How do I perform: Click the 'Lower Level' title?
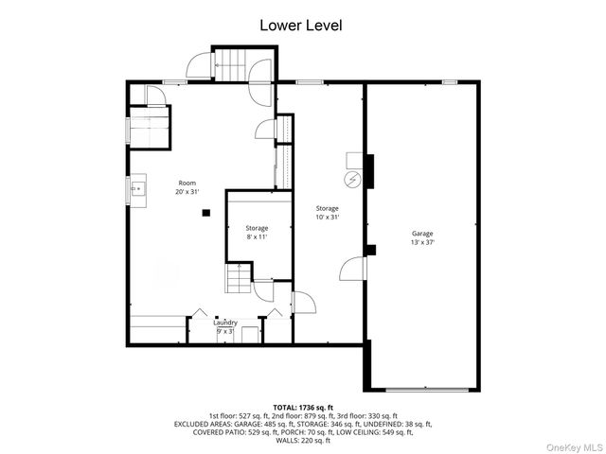tap(301, 26)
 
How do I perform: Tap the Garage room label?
tap(422, 237)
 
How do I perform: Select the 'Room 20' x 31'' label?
tap(187, 186)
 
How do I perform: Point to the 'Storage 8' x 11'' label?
tap(257, 232)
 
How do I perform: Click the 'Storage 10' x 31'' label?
tap(328, 212)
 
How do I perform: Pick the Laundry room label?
tap(225, 326)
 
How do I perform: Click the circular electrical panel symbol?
tap(353, 178)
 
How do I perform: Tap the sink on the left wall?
tap(137, 188)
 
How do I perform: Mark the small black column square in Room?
tap(205, 213)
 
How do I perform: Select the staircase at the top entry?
tap(232, 65)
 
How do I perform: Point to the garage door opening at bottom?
tap(426, 389)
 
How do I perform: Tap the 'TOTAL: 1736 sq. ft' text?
tap(303, 405)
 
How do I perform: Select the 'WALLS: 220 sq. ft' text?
tap(303, 442)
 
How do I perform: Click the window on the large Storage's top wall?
tap(311, 82)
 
